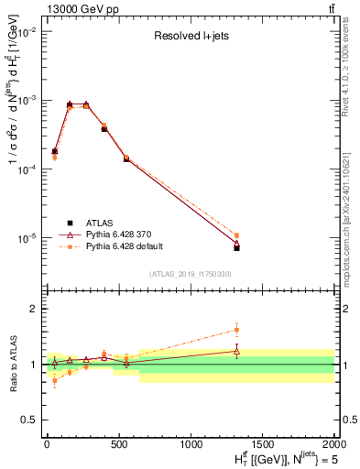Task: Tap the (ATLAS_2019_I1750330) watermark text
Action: pyautogui.click(x=190, y=274)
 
